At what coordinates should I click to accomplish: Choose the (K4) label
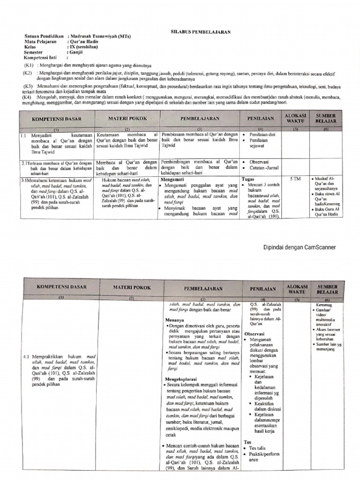(x=29, y=97)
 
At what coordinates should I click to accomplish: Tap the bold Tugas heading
(x=247, y=179)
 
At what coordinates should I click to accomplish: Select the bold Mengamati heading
(x=173, y=179)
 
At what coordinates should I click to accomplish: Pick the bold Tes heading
(x=247, y=442)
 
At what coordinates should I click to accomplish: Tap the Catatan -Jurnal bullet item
(x=265, y=168)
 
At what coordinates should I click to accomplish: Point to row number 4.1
(x=27, y=357)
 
